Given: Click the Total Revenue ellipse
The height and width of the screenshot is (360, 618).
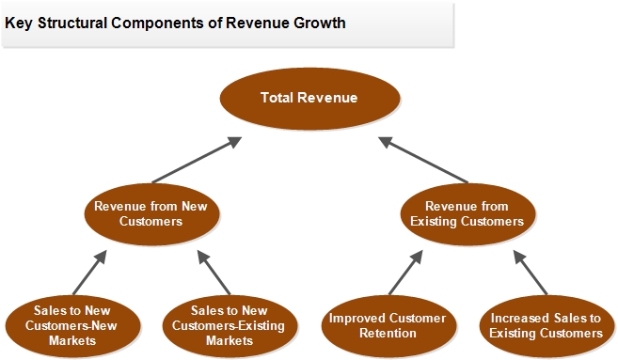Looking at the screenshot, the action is click(x=309, y=99).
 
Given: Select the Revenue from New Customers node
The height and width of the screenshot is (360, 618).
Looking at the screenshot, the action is click(x=151, y=214).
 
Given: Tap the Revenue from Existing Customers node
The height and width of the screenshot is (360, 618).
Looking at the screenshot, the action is click(x=467, y=214).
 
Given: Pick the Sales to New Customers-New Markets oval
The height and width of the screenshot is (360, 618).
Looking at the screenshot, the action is click(x=73, y=326).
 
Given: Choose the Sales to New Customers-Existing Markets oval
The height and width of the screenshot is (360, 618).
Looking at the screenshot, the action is click(x=230, y=326).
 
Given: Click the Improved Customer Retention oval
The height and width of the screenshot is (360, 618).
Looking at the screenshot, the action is click(x=389, y=326).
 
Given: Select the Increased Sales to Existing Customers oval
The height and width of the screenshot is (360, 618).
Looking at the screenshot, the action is click(x=547, y=326).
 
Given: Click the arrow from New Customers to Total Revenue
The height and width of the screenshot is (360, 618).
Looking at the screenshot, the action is click(x=197, y=160).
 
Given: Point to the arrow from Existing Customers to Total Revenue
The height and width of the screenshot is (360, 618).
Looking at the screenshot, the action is click(x=423, y=160).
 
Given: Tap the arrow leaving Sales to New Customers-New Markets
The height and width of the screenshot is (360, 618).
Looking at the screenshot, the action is click(x=90, y=273).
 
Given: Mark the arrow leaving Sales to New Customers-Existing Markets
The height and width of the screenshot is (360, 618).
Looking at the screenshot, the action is click(x=214, y=273).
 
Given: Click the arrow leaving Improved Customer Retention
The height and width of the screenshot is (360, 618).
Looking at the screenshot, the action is click(x=406, y=273).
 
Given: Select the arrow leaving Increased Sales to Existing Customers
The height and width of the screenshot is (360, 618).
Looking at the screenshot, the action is click(x=531, y=273).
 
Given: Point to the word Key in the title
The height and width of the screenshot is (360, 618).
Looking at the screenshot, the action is click(x=19, y=23).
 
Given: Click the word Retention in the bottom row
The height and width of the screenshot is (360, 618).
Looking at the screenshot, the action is click(x=388, y=334).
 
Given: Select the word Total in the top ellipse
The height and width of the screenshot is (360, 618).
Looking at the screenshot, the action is click(x=277, y=98).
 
